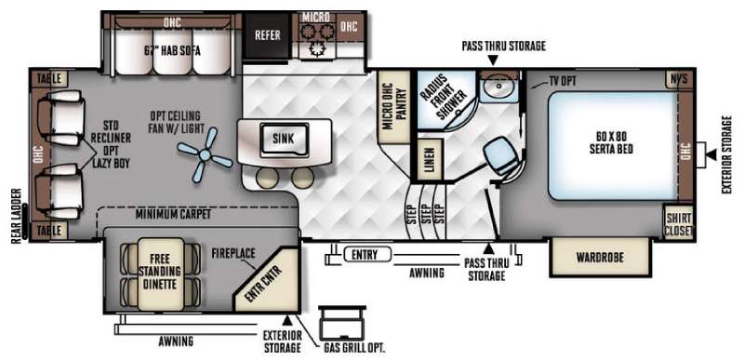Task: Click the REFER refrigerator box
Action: point(267,35)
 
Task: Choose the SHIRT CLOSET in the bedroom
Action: point(680,224)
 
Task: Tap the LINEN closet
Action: point(427,156)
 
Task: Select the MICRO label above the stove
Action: point(315,17)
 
